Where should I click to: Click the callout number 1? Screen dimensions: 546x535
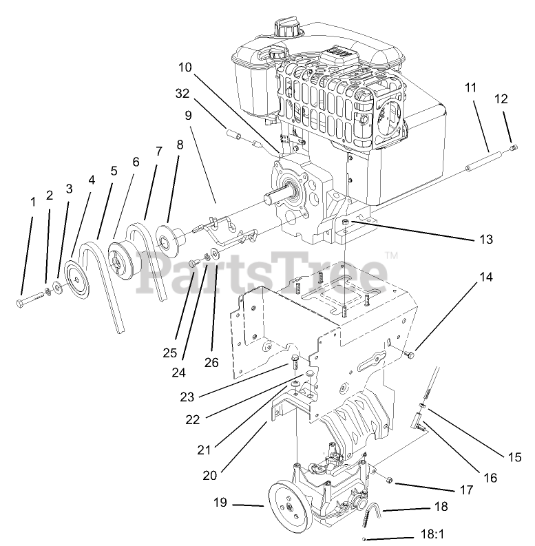32,202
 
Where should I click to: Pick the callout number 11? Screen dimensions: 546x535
470,87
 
